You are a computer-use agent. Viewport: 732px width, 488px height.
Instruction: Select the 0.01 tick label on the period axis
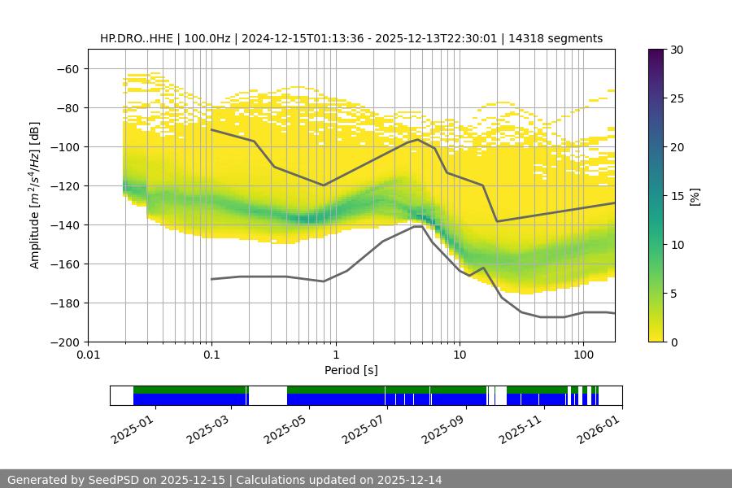[88, 355]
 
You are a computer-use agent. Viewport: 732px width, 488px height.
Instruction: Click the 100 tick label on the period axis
[582, 355]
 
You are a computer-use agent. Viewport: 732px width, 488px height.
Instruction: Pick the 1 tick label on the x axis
[335, 355]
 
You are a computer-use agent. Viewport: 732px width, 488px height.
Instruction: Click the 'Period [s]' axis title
[351, 370]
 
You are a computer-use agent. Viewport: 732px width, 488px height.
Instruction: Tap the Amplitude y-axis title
[35, 195]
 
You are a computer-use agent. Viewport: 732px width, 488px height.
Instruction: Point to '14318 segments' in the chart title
[561, 38]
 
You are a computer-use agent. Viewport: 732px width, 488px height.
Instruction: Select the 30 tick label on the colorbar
[676, 50]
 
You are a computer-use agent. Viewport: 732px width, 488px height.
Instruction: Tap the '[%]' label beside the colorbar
[695, 196]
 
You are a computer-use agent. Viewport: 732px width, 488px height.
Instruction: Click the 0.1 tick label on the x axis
[211, 355]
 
